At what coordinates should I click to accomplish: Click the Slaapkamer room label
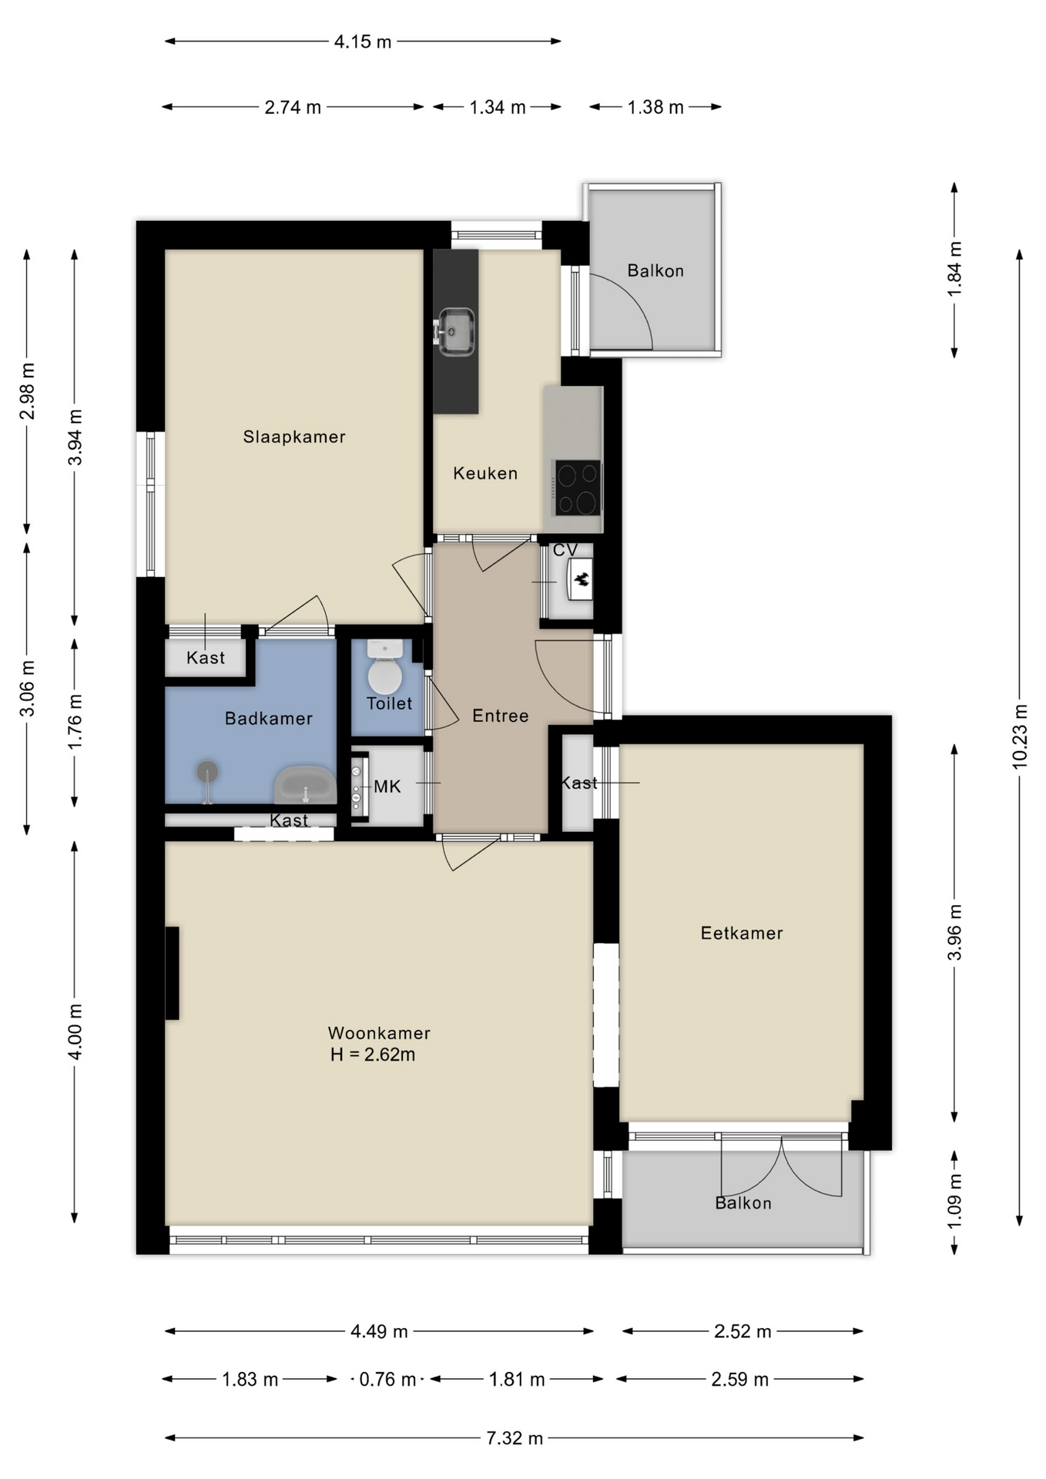[294, 437]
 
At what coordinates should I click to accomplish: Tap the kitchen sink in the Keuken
[455, 332]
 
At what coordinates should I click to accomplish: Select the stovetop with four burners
[577, 488]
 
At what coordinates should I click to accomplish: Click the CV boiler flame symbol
[582, 579]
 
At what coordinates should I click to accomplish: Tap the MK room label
[387, 786]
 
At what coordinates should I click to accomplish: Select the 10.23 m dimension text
[1019, 736]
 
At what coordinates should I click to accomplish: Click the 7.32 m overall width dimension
[515, 1438]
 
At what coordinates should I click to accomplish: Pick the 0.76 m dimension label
[387, 1379]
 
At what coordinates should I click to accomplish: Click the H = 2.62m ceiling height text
[373, 1055]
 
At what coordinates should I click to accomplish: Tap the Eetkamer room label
[742, 933]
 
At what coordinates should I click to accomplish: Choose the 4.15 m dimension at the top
[363, 42]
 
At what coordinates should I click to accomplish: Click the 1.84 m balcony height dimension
[954, 269]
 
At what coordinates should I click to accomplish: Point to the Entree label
[501, 716]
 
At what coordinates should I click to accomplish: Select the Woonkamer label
[379, 1033]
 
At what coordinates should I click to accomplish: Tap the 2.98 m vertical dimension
[27, 391]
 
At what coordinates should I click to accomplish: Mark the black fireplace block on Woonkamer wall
[172, 973]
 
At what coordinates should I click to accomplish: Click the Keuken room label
[485, 473]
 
